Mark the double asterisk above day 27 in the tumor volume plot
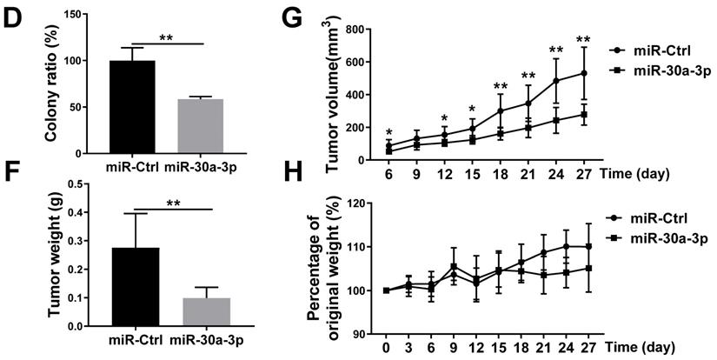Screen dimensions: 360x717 [x=582, y=39]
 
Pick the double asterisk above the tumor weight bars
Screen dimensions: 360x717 [x=174, y=203]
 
